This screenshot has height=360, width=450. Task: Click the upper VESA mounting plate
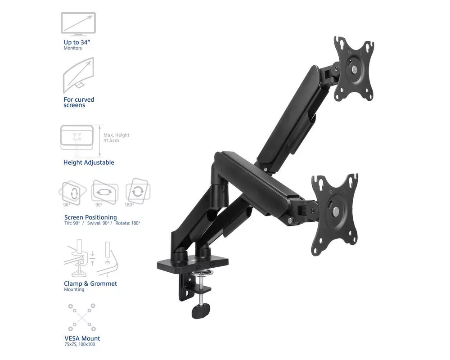pyautogui.click(x=354, y=70)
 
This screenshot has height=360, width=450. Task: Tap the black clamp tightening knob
pyautogui.click(x=201, y=310)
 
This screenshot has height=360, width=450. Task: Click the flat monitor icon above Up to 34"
pyautogui.click(x=78, y=24)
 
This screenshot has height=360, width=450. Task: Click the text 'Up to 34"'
pyautogui.click(x=77, y=42)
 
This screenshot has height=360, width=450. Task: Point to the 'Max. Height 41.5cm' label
pyautogui.click(x=117, y=138)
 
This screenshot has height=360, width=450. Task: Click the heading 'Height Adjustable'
pyautogui.click(x=89, y=162)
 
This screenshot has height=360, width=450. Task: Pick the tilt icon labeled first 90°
pyautogui.click(x=72, y=192)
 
